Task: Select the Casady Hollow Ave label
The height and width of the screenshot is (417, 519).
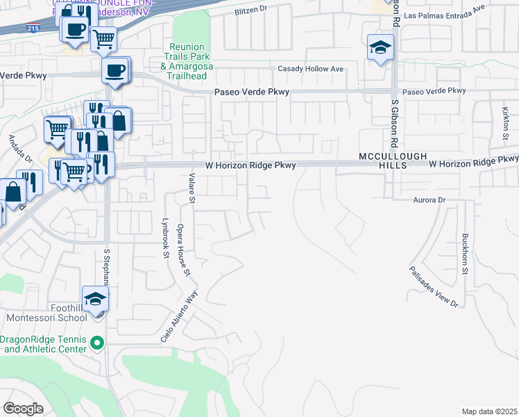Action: (311, 69)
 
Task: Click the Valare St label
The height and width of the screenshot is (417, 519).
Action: (190, 188)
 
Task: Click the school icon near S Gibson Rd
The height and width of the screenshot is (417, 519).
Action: (380, 48)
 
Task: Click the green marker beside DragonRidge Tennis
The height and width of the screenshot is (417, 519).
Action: (97, 343)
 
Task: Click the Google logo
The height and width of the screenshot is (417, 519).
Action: (24, 408)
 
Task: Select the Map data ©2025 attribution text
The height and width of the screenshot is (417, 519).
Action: (488, 411)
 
